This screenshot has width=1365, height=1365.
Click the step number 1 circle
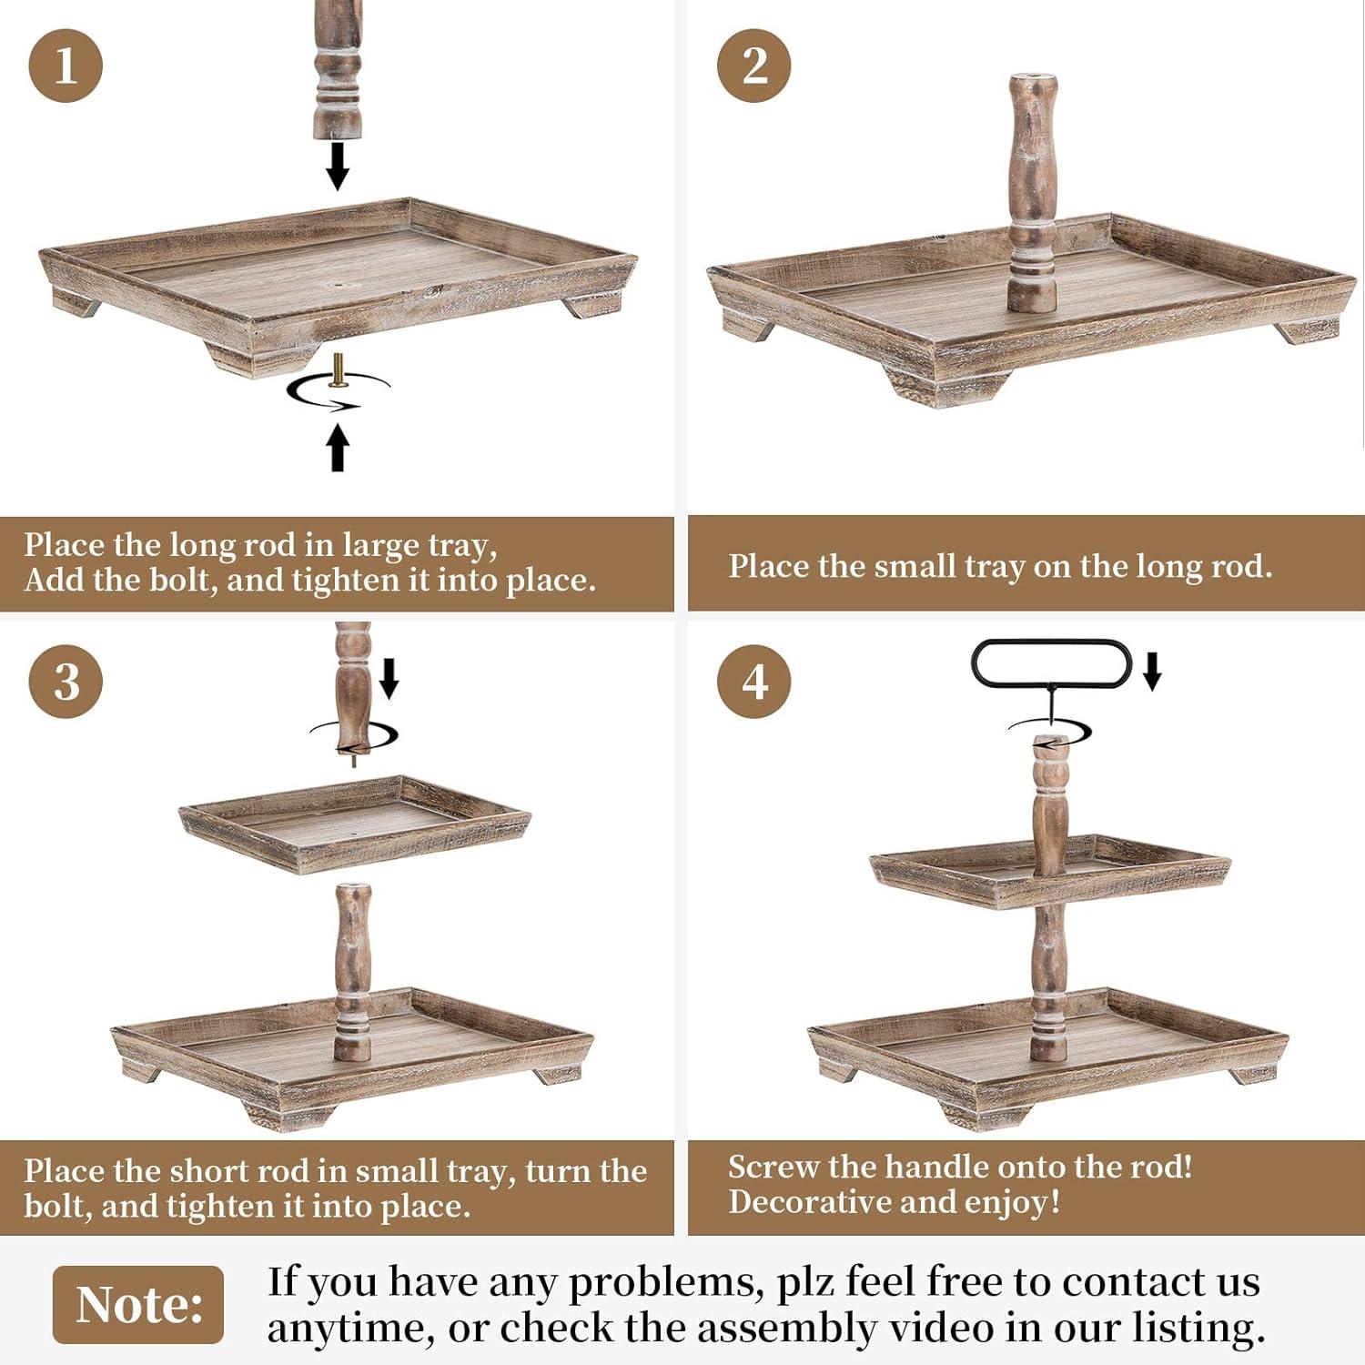click(x=66, y=66)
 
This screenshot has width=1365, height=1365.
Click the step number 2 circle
click(x=753, y=66)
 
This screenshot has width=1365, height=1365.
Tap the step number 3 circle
click(x=66, y=682)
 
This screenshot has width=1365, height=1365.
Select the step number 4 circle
click(x=753, y=682)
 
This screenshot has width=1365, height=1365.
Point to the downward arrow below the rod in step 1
click(x=338, y=166)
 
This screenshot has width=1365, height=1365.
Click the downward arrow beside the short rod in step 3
click(x=389, y=678)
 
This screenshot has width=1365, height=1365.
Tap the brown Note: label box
click(x=138, y=1304)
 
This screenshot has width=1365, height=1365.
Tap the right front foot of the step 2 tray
click(x=1309, y=329)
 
